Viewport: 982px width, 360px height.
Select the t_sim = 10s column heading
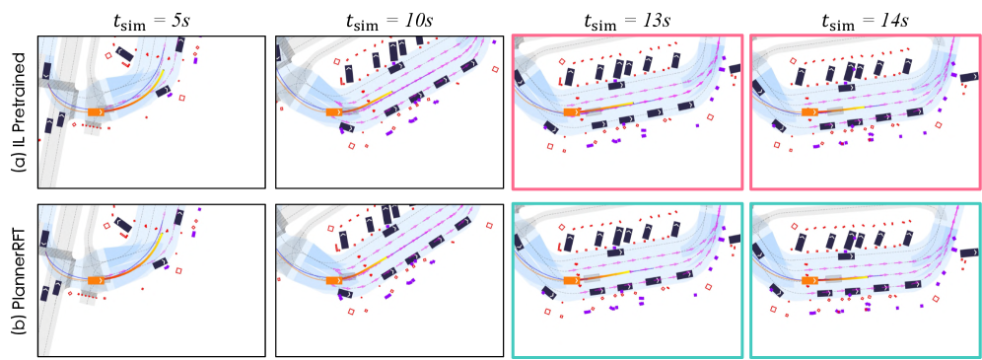coord(388,20)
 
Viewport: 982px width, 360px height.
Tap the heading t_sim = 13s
coord(627,20)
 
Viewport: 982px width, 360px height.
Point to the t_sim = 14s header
coord(866,20)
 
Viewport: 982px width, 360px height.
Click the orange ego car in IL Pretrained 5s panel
coord(96,111)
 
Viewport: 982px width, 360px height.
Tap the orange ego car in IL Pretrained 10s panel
coord(335,112)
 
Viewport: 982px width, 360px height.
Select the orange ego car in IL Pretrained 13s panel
coord(573,112)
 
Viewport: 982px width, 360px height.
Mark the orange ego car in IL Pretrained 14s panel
coord(810,112)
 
